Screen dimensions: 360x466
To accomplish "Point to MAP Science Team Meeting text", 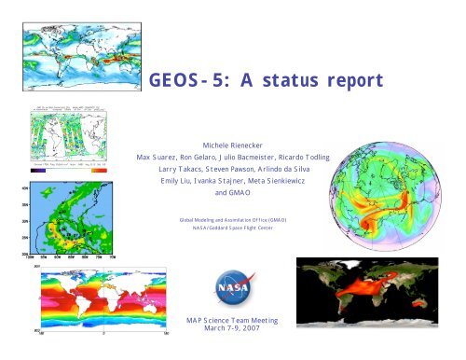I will pyautogui.click(x=233, y=320).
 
